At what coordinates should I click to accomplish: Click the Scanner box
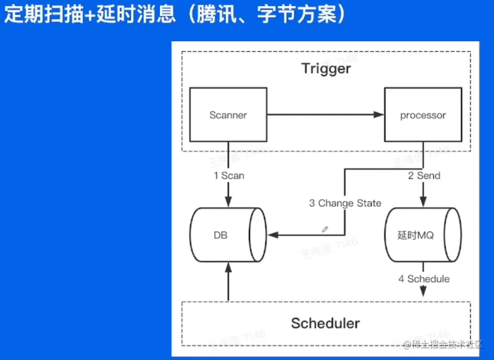click(228, 115)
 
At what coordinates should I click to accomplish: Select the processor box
click(423, 115)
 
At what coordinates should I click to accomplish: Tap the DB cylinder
click(228, 234)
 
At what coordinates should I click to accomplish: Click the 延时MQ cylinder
click(422, 234)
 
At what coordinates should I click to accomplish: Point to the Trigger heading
click(326, 68)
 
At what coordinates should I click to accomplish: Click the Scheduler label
click(325, 323)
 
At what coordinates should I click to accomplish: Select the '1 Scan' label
click(229, 176)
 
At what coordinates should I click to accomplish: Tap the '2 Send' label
click(424, 175)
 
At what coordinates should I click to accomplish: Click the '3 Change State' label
click(345, 203)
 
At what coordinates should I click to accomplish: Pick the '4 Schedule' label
click(424, 279)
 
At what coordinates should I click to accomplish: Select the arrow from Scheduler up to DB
click(229, 284)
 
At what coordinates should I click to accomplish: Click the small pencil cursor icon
click(325, 229)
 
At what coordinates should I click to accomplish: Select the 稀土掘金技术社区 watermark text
click(444, 344)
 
